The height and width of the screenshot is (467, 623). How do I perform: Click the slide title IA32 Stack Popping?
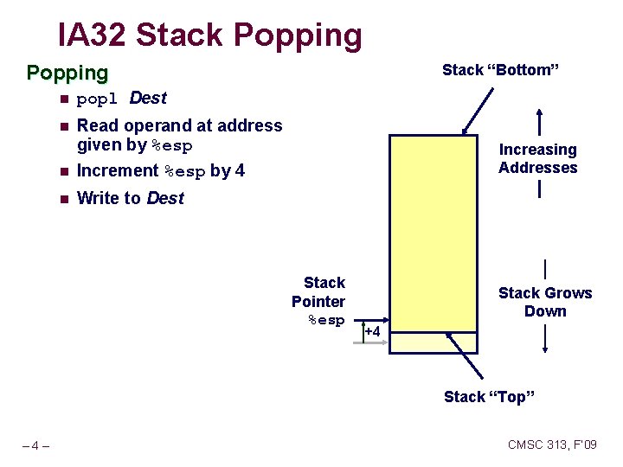(210, 35)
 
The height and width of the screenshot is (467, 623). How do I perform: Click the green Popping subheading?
(67, 73)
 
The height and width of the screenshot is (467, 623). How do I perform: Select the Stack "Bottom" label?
(501, 70)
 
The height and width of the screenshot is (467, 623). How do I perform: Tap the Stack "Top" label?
(489, 397)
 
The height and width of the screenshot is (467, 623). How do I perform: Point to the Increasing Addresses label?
(537, 158)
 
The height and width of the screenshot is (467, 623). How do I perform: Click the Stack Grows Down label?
(545, 302)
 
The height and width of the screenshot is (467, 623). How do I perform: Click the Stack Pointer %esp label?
(319, 301)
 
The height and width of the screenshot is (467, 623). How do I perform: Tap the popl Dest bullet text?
(121, 98)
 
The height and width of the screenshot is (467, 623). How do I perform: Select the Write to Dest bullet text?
(131, 198)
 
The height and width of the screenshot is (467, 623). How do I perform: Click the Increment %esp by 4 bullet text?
(161, 171)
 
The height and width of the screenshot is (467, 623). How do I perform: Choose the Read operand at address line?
(180, 125)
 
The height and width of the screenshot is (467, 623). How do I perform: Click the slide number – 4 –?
(35, 446)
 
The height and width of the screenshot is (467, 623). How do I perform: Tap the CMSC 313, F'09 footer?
(552, 445)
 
